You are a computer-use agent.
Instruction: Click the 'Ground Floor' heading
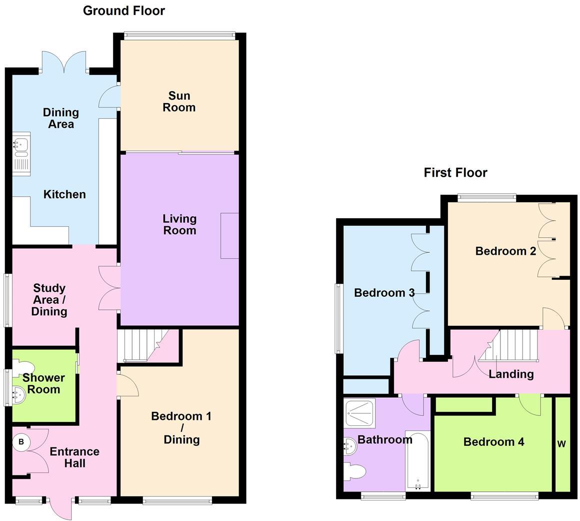pos(123,11)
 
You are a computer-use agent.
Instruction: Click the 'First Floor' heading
pos(455,173)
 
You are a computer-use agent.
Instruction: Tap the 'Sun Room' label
pos(179,102)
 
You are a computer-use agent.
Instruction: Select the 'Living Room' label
pos(179,224)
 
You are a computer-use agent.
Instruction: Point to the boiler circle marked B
pos(21,442)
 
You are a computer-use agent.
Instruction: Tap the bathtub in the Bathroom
pos(417,460)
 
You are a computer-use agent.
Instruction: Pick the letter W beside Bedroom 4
pos(561,444)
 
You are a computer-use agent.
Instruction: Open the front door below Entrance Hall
pos(61,508)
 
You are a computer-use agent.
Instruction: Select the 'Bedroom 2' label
pos(505,251)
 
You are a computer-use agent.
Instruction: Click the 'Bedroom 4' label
pos(493,442)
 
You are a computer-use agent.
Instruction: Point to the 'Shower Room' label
pos(43,384)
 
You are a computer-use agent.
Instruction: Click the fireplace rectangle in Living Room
pos(229,236)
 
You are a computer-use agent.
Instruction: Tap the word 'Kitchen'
pos(64,194)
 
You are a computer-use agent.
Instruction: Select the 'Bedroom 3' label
pos(384,293)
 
